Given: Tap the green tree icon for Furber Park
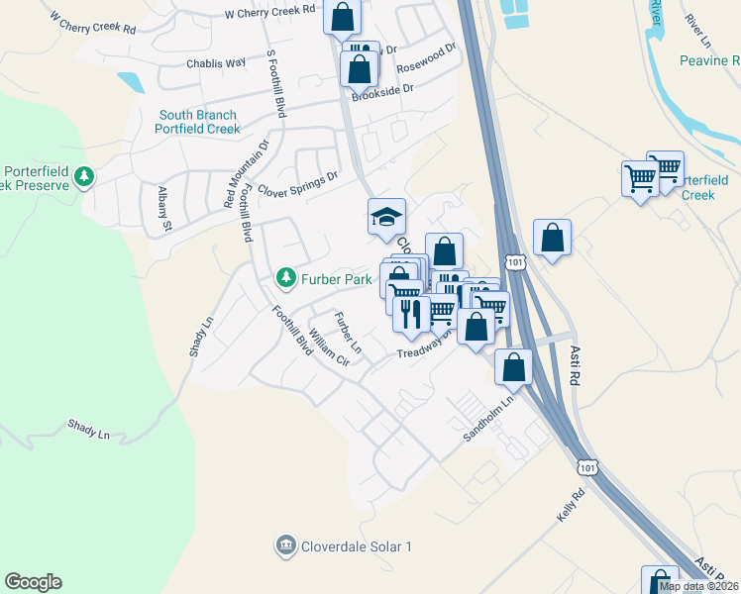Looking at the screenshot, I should click(x=286, y=276).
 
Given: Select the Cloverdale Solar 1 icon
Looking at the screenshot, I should click(x=285, y=545).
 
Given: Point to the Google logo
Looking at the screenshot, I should click(x=33, y=582).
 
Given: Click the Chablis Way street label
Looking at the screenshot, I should click(x=215, y=63).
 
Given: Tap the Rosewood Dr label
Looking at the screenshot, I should click(x=427, y=58).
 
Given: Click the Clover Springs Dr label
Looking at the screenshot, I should click(x=297, y=183).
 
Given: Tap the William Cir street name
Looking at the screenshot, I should click(x=330, y=347).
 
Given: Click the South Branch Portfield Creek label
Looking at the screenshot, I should click(x=198, y=122).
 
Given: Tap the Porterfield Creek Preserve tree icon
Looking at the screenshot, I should click(x=85, y=176).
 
